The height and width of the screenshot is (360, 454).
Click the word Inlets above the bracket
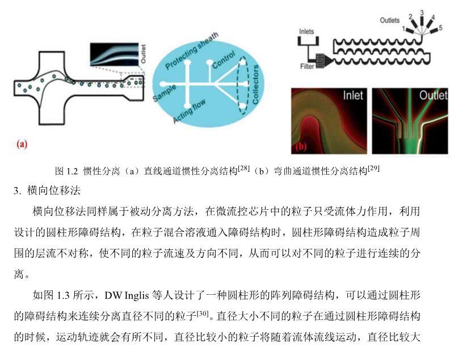pyautogui.click(x=306, y=31)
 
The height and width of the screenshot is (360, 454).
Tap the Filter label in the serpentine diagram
pyautogui.click(x=307, y=66)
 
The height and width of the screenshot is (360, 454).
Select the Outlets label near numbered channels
pyautogui.click(x=389, y=20)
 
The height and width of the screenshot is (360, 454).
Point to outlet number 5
pyautogui.click(x=440, y=28)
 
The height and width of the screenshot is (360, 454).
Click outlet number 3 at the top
pyautogui.click(x=422, y=12)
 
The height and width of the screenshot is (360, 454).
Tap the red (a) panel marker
pyautogui.click(x=22, y=143)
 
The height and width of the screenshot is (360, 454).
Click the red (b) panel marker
pyautogui.click(x=301, y=146)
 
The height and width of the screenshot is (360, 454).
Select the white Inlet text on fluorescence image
pyautogui.click(x=352, y=95)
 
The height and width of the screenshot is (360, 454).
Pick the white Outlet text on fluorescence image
pyautogui.click(x=433, y=95)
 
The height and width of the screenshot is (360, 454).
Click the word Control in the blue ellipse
pyautogui.click(x=224, y=60)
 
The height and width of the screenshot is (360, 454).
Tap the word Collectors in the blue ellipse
pyautogui.click(x=255, y=84)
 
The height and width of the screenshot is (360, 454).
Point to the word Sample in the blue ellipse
pyautogui.click(x=164, y=93)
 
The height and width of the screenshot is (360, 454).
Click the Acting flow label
pyautogui.click(x=190, y=111)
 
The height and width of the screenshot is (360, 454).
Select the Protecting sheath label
pyautogui.click(x=192, y=51)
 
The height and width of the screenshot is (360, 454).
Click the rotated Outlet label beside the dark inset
pyautogui.click(x=143, y=54)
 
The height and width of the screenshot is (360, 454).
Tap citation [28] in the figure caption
pyautogui.click(x=243, y=168)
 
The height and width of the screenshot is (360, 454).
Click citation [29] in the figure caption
pyautogui.click(x=373, y=168)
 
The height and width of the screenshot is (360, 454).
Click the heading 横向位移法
pyautogui.click(x=54, y=190)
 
